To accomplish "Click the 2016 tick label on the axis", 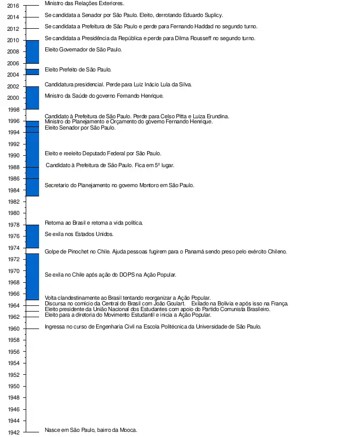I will (x=13, y=6).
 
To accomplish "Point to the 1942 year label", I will (x=13, y=432).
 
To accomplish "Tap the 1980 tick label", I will (x=13, y=213).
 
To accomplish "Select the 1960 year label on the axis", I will (x=13, y=329).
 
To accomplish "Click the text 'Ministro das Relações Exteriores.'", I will (x=84, y=4).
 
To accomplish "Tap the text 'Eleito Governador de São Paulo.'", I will (x=83, y=50).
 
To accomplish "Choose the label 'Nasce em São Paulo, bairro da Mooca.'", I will (x=91, y=430).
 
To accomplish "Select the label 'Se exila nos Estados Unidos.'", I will (x=79, y=234).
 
